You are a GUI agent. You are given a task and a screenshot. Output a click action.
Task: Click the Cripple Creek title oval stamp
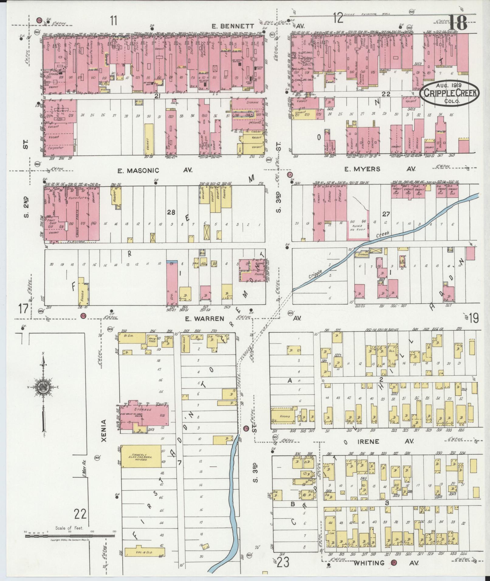[x=449, y=94]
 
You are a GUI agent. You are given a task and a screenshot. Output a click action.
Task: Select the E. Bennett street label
[x=233, y=26]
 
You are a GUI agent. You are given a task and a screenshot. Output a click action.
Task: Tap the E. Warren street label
[x=204, y=319]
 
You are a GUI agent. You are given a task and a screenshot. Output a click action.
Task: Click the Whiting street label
[x=369, y=563]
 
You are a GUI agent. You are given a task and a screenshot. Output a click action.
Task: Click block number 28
[x=171, y=212]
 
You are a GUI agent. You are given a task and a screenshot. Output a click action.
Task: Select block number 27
[x=386, y=214]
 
